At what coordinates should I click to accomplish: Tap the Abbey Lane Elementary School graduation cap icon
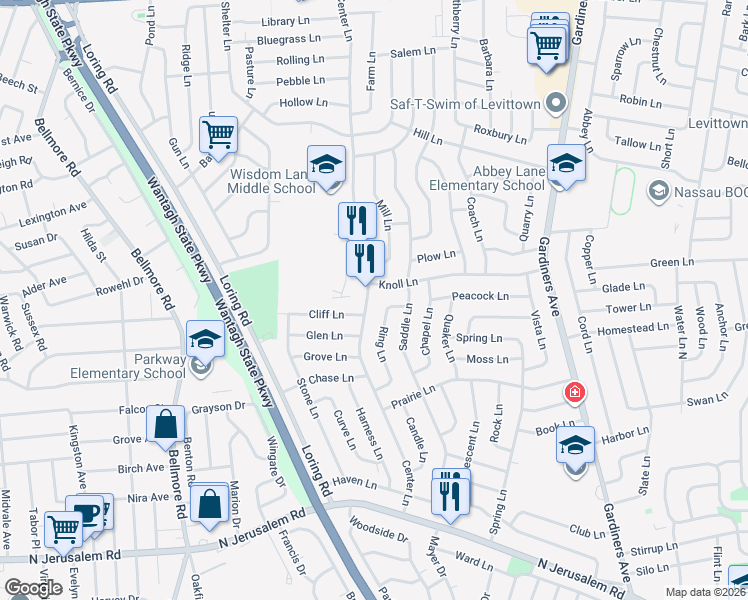pos(566,162)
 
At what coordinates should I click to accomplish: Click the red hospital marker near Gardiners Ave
pos(575,392)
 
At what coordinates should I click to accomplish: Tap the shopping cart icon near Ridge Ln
pos(218,133)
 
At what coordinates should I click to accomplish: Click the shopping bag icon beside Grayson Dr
pos(165,426)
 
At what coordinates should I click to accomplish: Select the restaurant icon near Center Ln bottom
pos(450,494)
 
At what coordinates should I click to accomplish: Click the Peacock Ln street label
pos(481,296)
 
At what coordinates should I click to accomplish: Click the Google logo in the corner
pos(33,588)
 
